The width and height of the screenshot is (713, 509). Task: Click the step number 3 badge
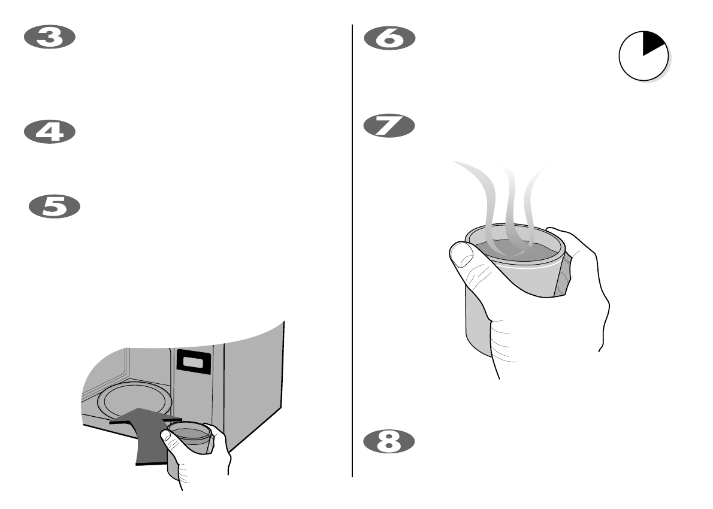coord(49,38)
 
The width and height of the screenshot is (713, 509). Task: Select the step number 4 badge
coord(49,132)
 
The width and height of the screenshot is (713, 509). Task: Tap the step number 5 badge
coord(55,207)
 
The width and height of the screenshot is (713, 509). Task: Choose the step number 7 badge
coord(389,126)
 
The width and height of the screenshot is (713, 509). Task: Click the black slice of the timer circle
coord(651,44)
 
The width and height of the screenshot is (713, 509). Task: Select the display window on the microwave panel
coord(193,362)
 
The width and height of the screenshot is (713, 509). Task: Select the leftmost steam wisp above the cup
coord(479,192)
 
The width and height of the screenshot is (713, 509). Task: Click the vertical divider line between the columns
coord(352,252)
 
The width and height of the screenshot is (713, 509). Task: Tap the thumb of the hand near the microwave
coord(170,440)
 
